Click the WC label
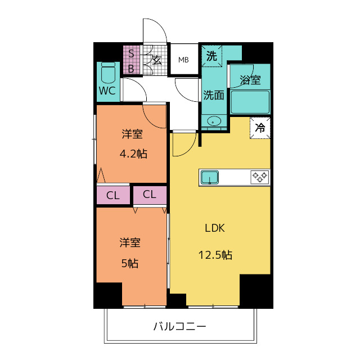107,91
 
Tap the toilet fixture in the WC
108,73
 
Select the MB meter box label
183,60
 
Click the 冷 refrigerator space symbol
260,128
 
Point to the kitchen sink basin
210,177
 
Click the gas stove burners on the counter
260,177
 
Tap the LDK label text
215,228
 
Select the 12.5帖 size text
215,255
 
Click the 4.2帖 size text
133,154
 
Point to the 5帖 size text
130,263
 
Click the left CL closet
113,195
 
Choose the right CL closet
150,195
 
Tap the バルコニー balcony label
180,326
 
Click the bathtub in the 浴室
250,102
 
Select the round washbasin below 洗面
214,120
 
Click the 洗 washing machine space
211,56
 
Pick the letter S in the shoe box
131,53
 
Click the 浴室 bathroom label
250,80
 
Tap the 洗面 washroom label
214,95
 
